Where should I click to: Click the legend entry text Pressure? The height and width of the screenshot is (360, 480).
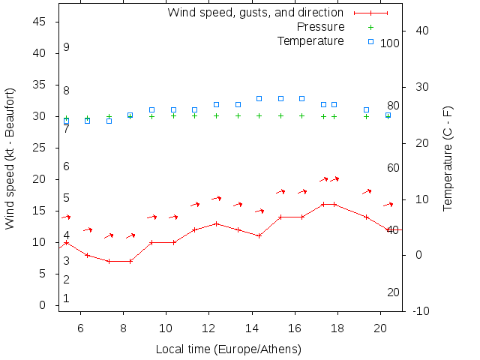coord(320,27)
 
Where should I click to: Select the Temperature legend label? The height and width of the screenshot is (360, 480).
coord(310,40)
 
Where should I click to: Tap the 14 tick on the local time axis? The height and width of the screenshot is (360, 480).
coord(251,327)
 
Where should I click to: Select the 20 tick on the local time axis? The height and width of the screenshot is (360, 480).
coord(380,327)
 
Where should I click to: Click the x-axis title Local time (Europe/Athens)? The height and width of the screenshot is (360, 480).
coord(228,349)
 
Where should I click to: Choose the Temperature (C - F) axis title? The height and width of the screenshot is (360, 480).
coord(448,159)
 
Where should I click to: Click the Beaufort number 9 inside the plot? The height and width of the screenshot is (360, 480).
coord(67,47)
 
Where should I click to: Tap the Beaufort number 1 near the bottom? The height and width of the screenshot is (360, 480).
coord(67,298)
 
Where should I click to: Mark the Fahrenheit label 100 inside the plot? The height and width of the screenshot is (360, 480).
coord(389,43)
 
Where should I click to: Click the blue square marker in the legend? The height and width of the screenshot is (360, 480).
coord(370,41)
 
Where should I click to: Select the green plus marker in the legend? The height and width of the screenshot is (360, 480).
coord(370,27)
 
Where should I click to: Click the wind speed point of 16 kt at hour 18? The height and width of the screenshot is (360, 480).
coord(334,204)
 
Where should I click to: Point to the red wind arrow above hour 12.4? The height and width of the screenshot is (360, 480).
coord(217,198)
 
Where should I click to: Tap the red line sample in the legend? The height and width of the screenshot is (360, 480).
coord(370,13)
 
